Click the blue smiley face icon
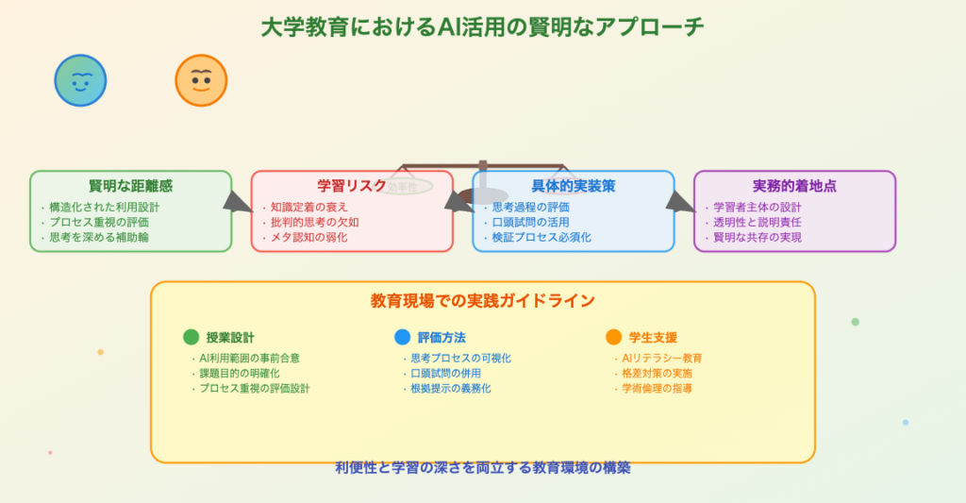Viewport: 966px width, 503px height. (x=80, y=80)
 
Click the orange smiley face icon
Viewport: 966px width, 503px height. (x=201, y=80)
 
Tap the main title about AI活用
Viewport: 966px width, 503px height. (x=482, y=26)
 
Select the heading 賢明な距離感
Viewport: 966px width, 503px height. (x=130, y=186)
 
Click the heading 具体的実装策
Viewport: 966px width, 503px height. (x=573, y=186)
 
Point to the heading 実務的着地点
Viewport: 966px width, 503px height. (x=794, y=186)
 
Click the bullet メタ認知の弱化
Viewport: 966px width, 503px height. (x=308, y=237)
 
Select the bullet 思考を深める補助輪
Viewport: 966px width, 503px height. (x=99, y=237)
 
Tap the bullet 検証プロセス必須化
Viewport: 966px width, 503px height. (x=541, y=237)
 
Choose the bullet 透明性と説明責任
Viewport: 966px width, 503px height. (x=758, y=222)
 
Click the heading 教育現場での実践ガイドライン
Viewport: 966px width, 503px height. (x=482, y=301)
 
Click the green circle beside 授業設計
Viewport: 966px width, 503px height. (x=192, y=337)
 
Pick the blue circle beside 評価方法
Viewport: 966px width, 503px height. (x=403, y=337)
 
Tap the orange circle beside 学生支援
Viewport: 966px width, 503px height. (x=614, y=337)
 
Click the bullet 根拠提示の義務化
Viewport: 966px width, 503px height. (x=451, y=388)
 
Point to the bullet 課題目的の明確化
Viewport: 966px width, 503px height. (x=240, y=374)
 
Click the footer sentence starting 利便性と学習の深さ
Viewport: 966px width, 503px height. (x=482, y=467)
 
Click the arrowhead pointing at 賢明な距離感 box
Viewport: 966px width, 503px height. (x=238, y=201)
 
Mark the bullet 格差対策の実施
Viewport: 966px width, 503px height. (x=658, y=374)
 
